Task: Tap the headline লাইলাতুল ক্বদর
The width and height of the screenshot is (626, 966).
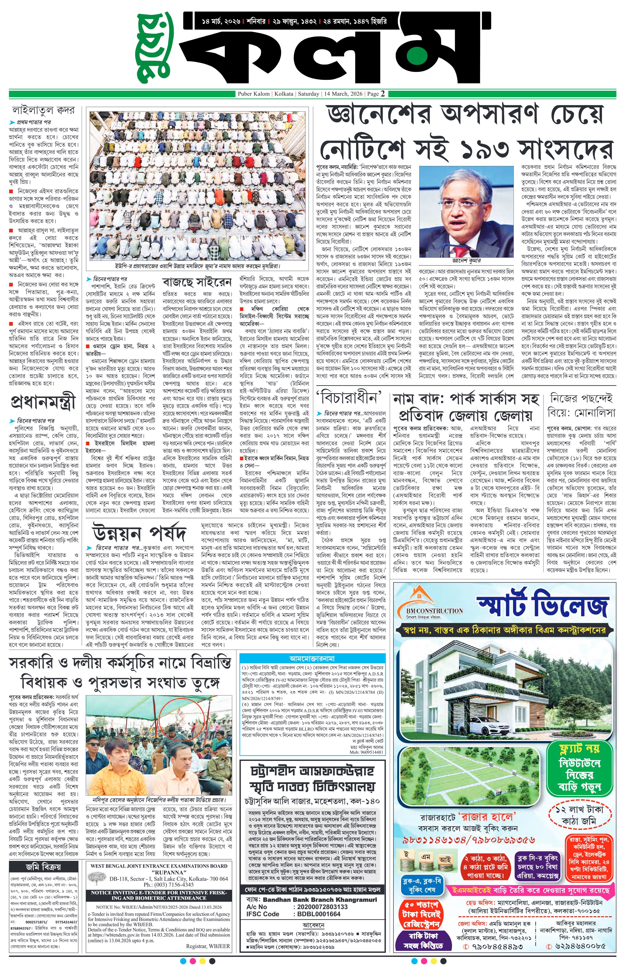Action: tap(45, 110)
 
